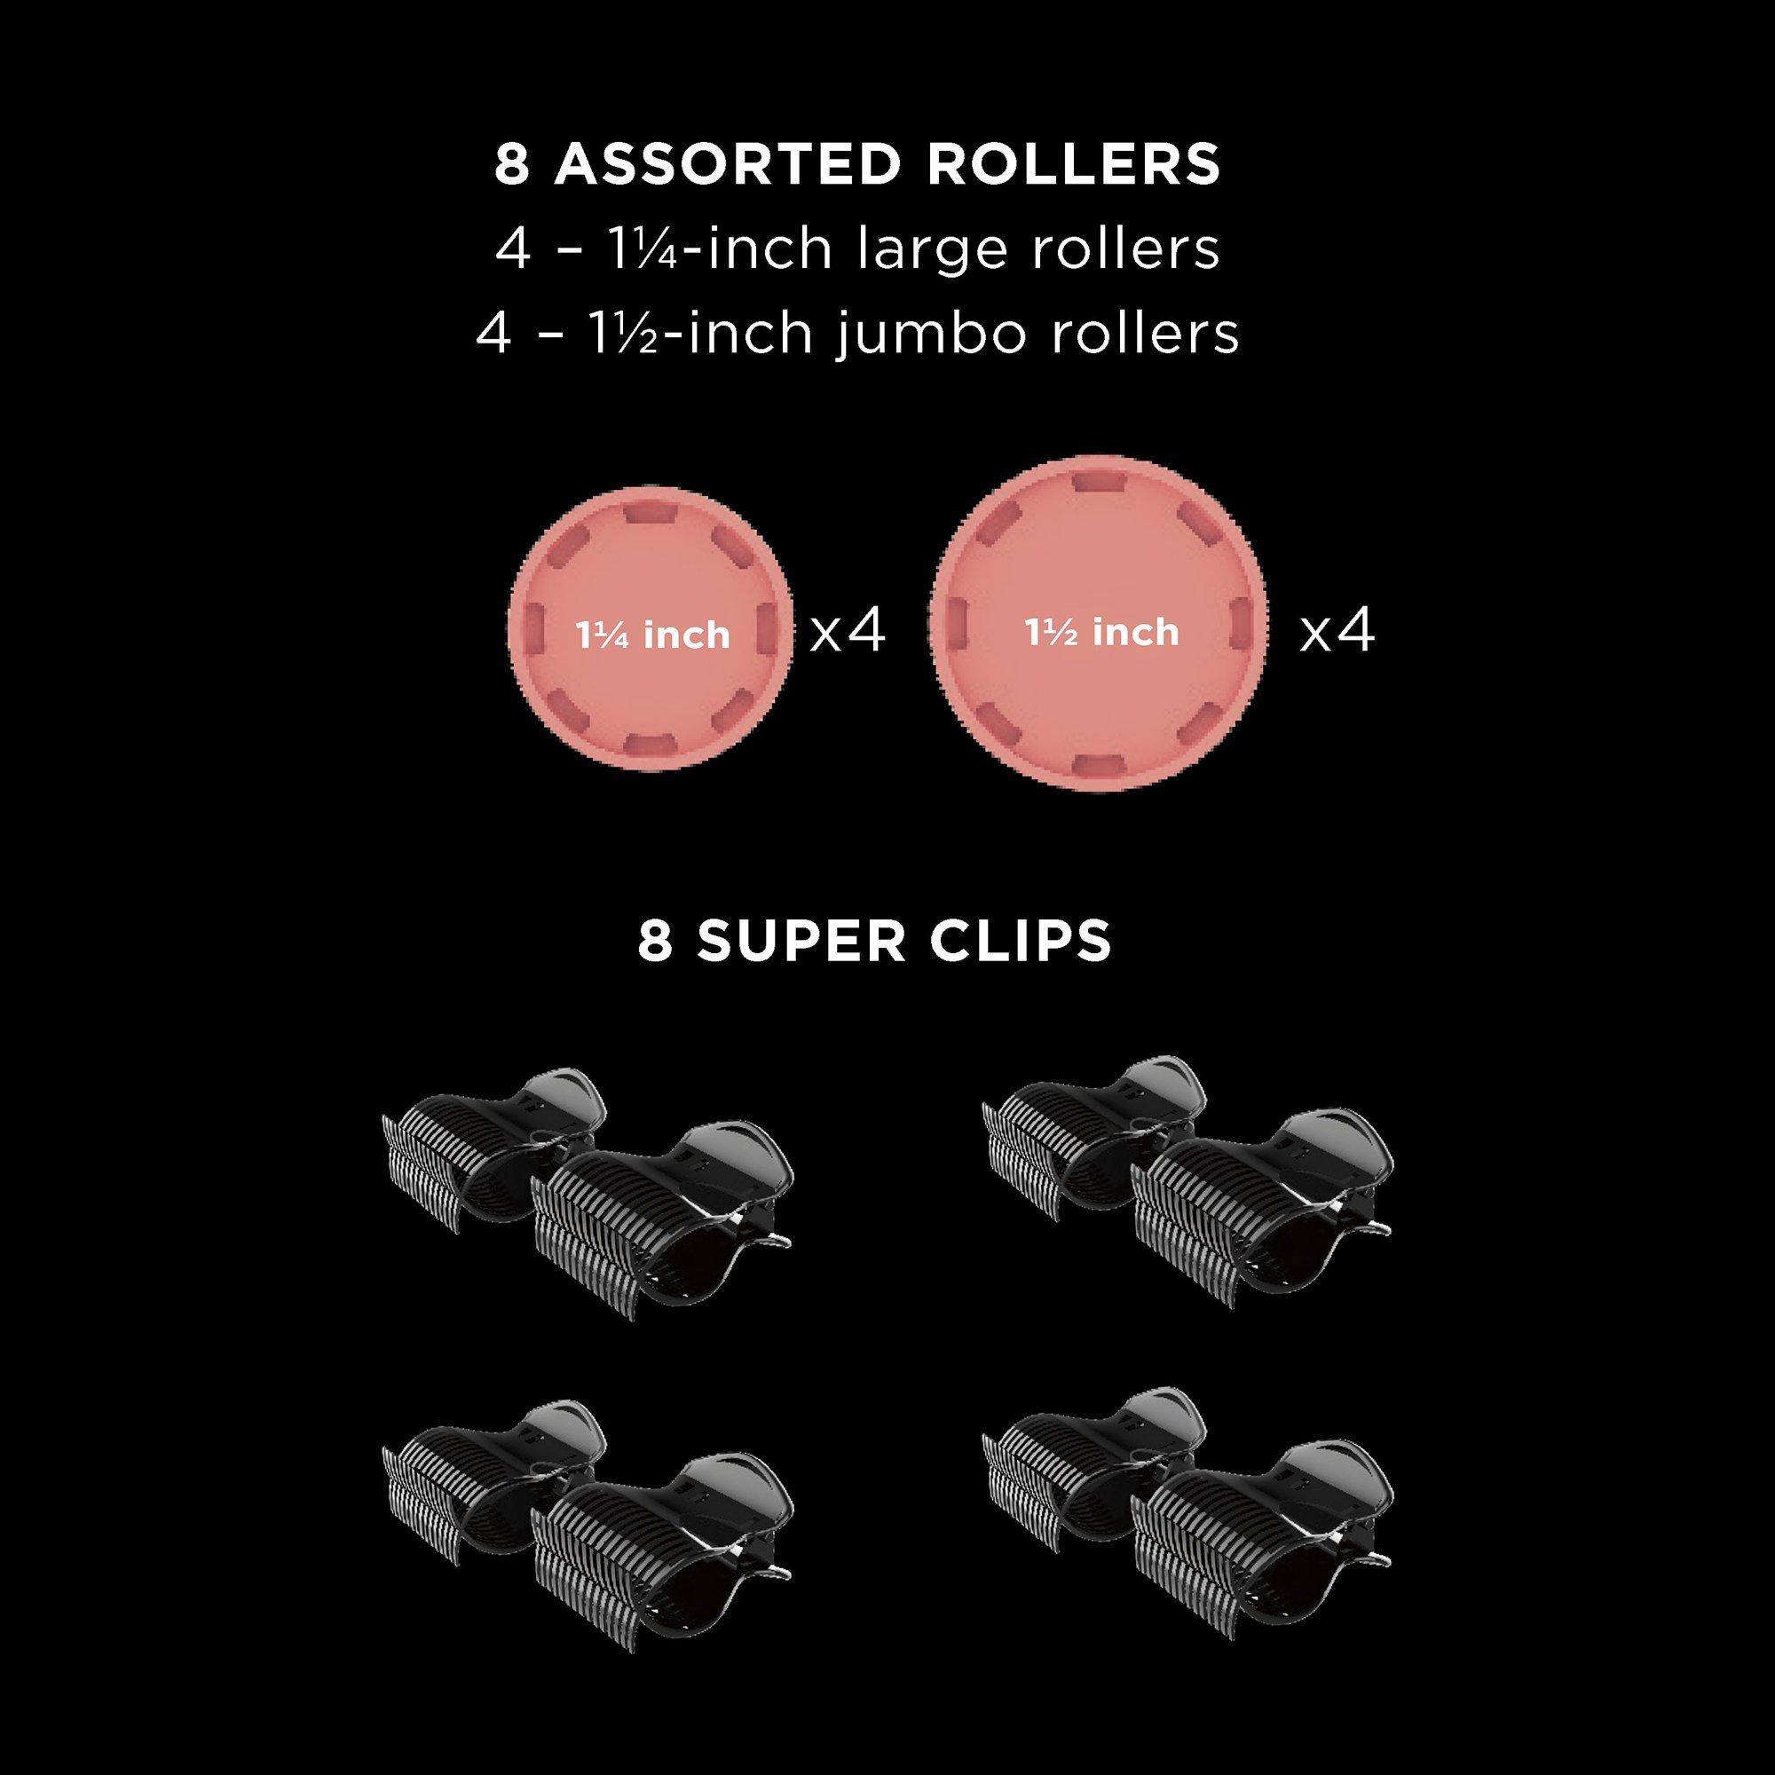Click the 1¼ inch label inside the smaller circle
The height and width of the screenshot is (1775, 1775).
(653, 635)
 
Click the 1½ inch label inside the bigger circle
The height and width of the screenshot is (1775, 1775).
(1101, 632)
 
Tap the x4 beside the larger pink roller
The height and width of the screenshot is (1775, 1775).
(1337, 632)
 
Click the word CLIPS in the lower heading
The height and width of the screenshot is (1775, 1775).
(1021, 942)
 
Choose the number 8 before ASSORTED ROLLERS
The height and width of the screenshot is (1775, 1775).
(513, 165)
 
